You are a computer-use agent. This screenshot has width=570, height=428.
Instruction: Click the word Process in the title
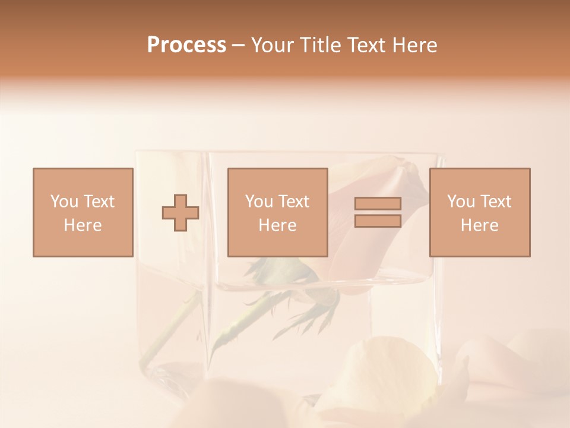pyautogui.click(x=186, y=45)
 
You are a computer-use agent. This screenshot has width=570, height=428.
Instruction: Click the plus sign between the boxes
pyautogui.click(x=180, y=212)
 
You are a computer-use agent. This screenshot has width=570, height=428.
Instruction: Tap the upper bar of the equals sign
pyautogui.click(x=378, y=203)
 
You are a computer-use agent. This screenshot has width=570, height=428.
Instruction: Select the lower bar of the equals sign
pyautogui.click(x=378, y=221)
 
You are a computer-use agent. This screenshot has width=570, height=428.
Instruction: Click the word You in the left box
pyautogui.click(x=64, y=201)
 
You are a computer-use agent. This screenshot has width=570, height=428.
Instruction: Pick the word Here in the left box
pyautogui.click(x=83, y=225)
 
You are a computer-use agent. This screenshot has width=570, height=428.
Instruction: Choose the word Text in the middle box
pyautogui.click(x=294, y=201)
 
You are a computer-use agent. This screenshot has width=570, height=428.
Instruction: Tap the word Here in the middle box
pyautogui.click(x=277, y=225)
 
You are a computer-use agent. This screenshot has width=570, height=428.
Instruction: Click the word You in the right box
pyautogui.click(x=461, y=201)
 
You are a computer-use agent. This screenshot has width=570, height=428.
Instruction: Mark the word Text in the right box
pyautogui.click(x=496, y=201)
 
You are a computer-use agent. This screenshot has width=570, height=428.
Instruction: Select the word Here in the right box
pyautogui.click(x=479, y=225)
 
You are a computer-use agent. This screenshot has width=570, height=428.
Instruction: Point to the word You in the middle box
pyautogui.click(x=259, y=201)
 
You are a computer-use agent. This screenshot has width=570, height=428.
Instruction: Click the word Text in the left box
pyautogui.click(x=99, y=201)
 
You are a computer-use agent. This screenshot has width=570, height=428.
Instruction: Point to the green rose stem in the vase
pyautogui.click(x=178, y=321)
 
